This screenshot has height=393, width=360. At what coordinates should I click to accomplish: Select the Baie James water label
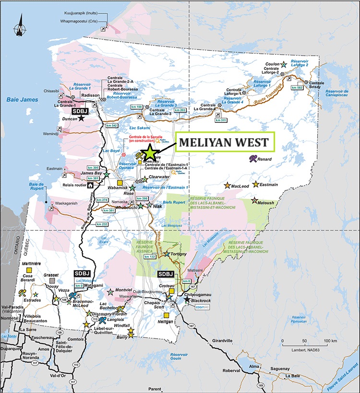(18, 100)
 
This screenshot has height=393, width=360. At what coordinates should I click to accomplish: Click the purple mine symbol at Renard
(252, 158)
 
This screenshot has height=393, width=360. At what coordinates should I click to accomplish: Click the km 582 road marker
(297, 87)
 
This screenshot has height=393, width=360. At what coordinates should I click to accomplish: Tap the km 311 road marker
(221, 120)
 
